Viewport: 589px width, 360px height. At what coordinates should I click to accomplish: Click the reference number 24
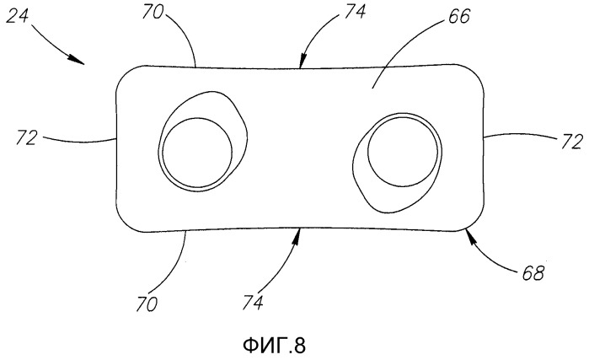coord(18,16)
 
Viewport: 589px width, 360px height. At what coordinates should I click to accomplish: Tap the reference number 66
coord(458,17)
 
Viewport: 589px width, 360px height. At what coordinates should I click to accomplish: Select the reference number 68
coord(533,273)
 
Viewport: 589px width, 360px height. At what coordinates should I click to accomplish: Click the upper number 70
coord(153,12)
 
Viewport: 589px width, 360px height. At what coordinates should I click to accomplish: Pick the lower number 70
coord(147,304)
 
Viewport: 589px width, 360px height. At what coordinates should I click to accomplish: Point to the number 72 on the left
coord(27,137)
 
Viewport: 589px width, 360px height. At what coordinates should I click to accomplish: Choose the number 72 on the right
coord(573,142)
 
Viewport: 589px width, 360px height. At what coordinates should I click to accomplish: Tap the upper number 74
coord(354,12)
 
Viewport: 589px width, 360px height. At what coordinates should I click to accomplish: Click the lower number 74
coord(253,302)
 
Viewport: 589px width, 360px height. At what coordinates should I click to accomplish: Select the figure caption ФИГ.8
coord(274,345)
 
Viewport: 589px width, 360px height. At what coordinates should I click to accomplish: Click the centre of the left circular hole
coord(197,153)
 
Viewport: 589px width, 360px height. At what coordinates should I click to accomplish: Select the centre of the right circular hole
coord(403,152)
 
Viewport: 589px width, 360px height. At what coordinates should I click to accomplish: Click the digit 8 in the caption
coord(300,346)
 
